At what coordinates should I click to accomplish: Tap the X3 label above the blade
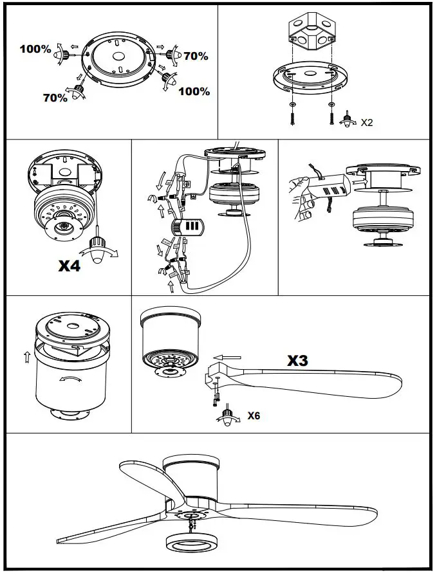pyautogui.click(x=297, y=361)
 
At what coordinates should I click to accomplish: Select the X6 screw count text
pyautogui.click(x=254, y=415)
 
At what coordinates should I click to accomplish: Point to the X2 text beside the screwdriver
pyautogui.click(x=367, y=122)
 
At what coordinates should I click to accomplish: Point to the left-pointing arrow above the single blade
pyautogui.click(x=228, y=356)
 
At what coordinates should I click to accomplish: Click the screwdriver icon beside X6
pyautogui.click(x=227, y=415)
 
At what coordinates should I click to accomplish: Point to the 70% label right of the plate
pyautogui.click(x=196, y=56)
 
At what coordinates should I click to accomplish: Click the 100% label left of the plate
pyautogui.click(x=35, y=49)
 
